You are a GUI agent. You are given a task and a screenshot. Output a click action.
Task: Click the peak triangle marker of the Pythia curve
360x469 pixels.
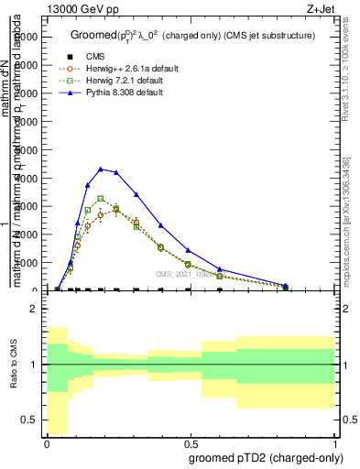101,169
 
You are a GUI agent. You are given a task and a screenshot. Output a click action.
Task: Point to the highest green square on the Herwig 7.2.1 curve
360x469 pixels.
101,198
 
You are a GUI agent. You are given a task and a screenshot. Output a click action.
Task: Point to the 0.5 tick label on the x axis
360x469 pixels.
191,442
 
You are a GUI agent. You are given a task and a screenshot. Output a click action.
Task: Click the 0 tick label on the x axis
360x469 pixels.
47,442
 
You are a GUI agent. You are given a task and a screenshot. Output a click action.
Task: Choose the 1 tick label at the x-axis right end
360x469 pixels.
334,442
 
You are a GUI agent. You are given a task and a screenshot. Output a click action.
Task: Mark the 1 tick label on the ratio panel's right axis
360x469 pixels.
344,365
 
